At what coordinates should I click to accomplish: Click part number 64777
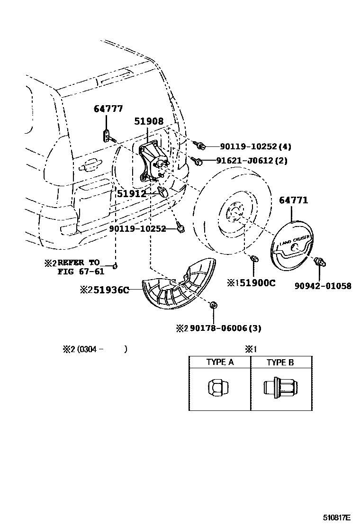tap(108, 109)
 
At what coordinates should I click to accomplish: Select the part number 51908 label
tap(148, 121)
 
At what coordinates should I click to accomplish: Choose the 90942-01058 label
tap(323, 286)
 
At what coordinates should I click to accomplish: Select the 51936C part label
tap(108, 290)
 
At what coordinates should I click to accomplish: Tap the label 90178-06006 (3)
tap(223, 328)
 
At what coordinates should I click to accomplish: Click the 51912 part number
tap(132, 193)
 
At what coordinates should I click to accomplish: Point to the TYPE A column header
tap(219, 363)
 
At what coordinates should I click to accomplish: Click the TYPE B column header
tap(280, 363)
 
